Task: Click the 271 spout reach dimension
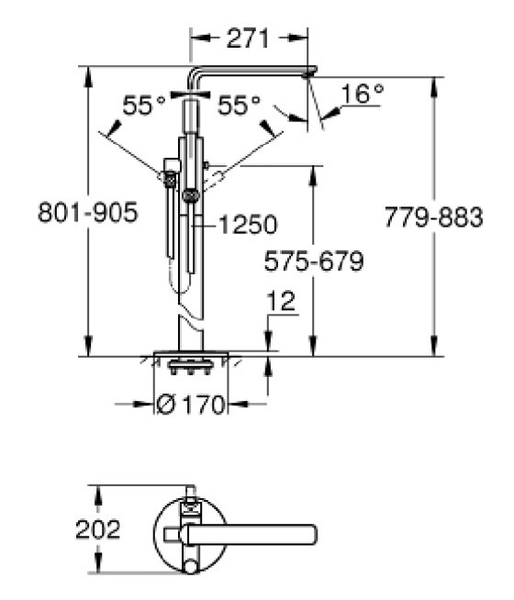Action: click(x=248, y=38)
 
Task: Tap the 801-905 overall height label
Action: click(x=87, y=212)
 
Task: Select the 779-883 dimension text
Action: click(x=433, y=217)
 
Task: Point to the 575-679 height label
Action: click(x=314, y=261)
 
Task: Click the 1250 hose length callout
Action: click(x=248, y=224)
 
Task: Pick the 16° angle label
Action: click(x=362, y=94)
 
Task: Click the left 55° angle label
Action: click(x=144, y=105)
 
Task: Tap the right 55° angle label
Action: click(x=239, y=105)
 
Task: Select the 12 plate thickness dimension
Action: click(x=281, y=301)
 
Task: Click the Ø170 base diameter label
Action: click(x=190, y=404)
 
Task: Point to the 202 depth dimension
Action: click(x=98, y=529)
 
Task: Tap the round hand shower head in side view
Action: click(x=191, y=196)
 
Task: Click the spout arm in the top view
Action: click(x=250, y=534)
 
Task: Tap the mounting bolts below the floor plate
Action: click(x=190, y=367)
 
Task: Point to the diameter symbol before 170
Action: click(x=166, y=404)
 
